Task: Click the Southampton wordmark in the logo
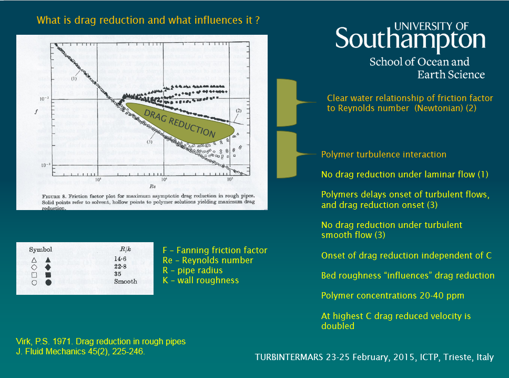coord(410,40)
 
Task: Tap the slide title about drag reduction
coord(149,21)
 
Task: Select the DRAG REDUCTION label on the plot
coord(179,124)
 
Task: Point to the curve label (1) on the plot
coord(74,78)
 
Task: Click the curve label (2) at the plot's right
coord(239,111)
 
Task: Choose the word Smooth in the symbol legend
coord(125,282)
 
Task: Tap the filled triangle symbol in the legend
coord(48,260)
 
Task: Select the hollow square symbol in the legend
coord(34,274)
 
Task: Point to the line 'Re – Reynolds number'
coord(208,261)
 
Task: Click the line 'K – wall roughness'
coord(201,281)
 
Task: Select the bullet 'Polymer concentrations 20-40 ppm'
coord(393,296)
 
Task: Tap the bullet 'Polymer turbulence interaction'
coord(383,155)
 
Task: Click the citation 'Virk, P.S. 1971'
coord(43,341)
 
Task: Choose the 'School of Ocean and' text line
coord(419,62)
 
